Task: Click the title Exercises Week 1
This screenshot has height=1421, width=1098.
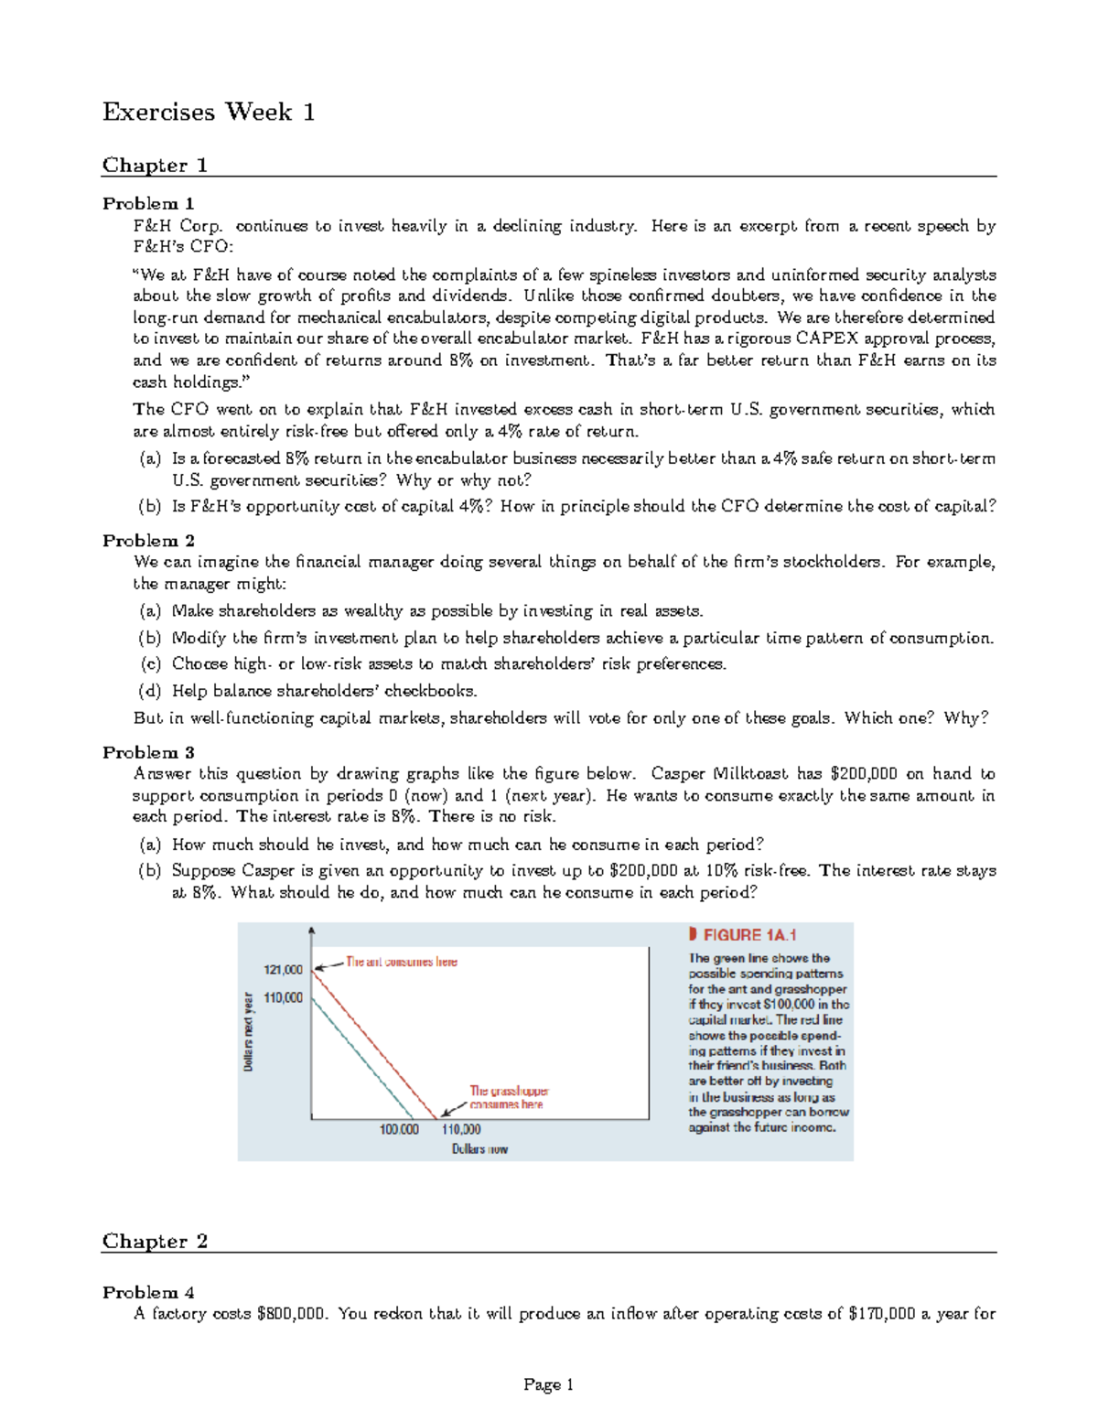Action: click(x=209, y=112)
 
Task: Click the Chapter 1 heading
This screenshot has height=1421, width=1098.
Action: click(x=155, y=165)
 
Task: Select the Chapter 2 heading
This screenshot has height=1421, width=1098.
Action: click(x=155, y=1241)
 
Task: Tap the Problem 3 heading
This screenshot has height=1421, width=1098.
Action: click(x=148, y=752)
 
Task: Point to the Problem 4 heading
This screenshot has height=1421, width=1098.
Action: click(x=148, y=1292)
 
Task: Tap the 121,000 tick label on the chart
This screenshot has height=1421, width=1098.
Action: click(x=283, y=969)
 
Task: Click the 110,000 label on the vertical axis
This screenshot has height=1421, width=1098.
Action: click(x=283, y=997)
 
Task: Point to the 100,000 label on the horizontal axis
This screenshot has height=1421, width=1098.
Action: click(x=399, y=1129)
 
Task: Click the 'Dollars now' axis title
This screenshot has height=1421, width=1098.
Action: click(x=479, y=1149)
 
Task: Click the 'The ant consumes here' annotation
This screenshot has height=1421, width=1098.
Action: click(x=401, y=962)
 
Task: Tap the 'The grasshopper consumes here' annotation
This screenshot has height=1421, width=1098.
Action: click(x=508, y=1097)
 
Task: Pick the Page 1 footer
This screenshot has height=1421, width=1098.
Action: click(x=548, y=1384)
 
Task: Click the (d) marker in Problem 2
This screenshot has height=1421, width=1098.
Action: click(x=149, y=691)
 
